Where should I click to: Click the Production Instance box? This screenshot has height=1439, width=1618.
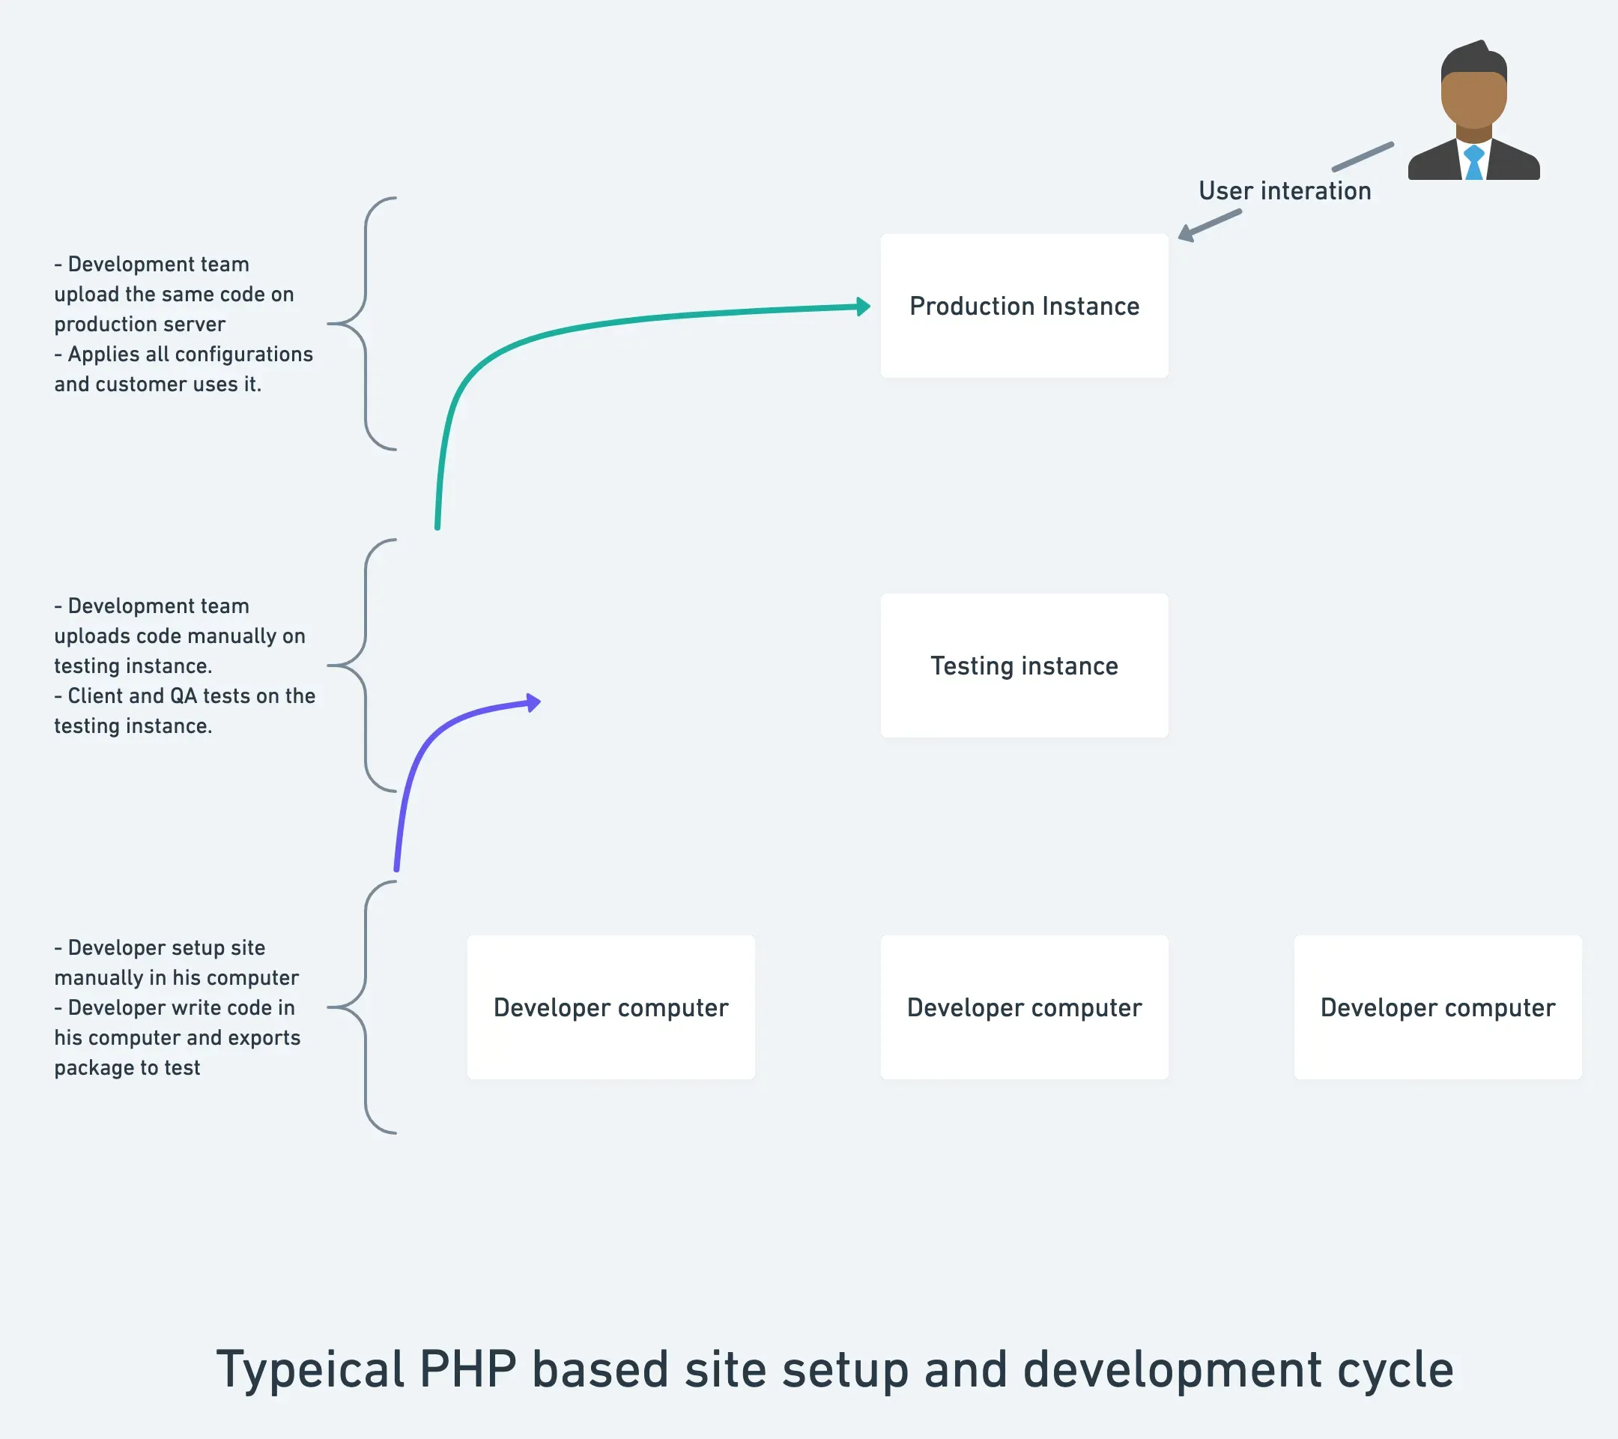coord(1024,306)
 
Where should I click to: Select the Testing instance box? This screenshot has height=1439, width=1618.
coord(1024,666)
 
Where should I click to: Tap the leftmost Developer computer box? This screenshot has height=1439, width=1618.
coord(610,1007)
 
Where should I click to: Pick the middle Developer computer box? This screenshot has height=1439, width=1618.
coord(1024,1007)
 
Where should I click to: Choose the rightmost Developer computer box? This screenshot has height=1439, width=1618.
coord(1437,1007)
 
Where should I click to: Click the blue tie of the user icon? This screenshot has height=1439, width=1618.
coord(1473,163)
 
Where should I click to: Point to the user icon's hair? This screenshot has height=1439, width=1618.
coord(1473,59)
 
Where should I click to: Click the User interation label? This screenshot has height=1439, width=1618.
coord(1284,191)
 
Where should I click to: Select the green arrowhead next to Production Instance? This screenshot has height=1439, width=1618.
coord(864,307)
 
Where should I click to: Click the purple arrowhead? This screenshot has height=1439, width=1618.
coord(533,702)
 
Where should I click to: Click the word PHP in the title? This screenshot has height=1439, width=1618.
coord(467,1369)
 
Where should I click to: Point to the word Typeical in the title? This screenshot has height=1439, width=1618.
coord(310,1371)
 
